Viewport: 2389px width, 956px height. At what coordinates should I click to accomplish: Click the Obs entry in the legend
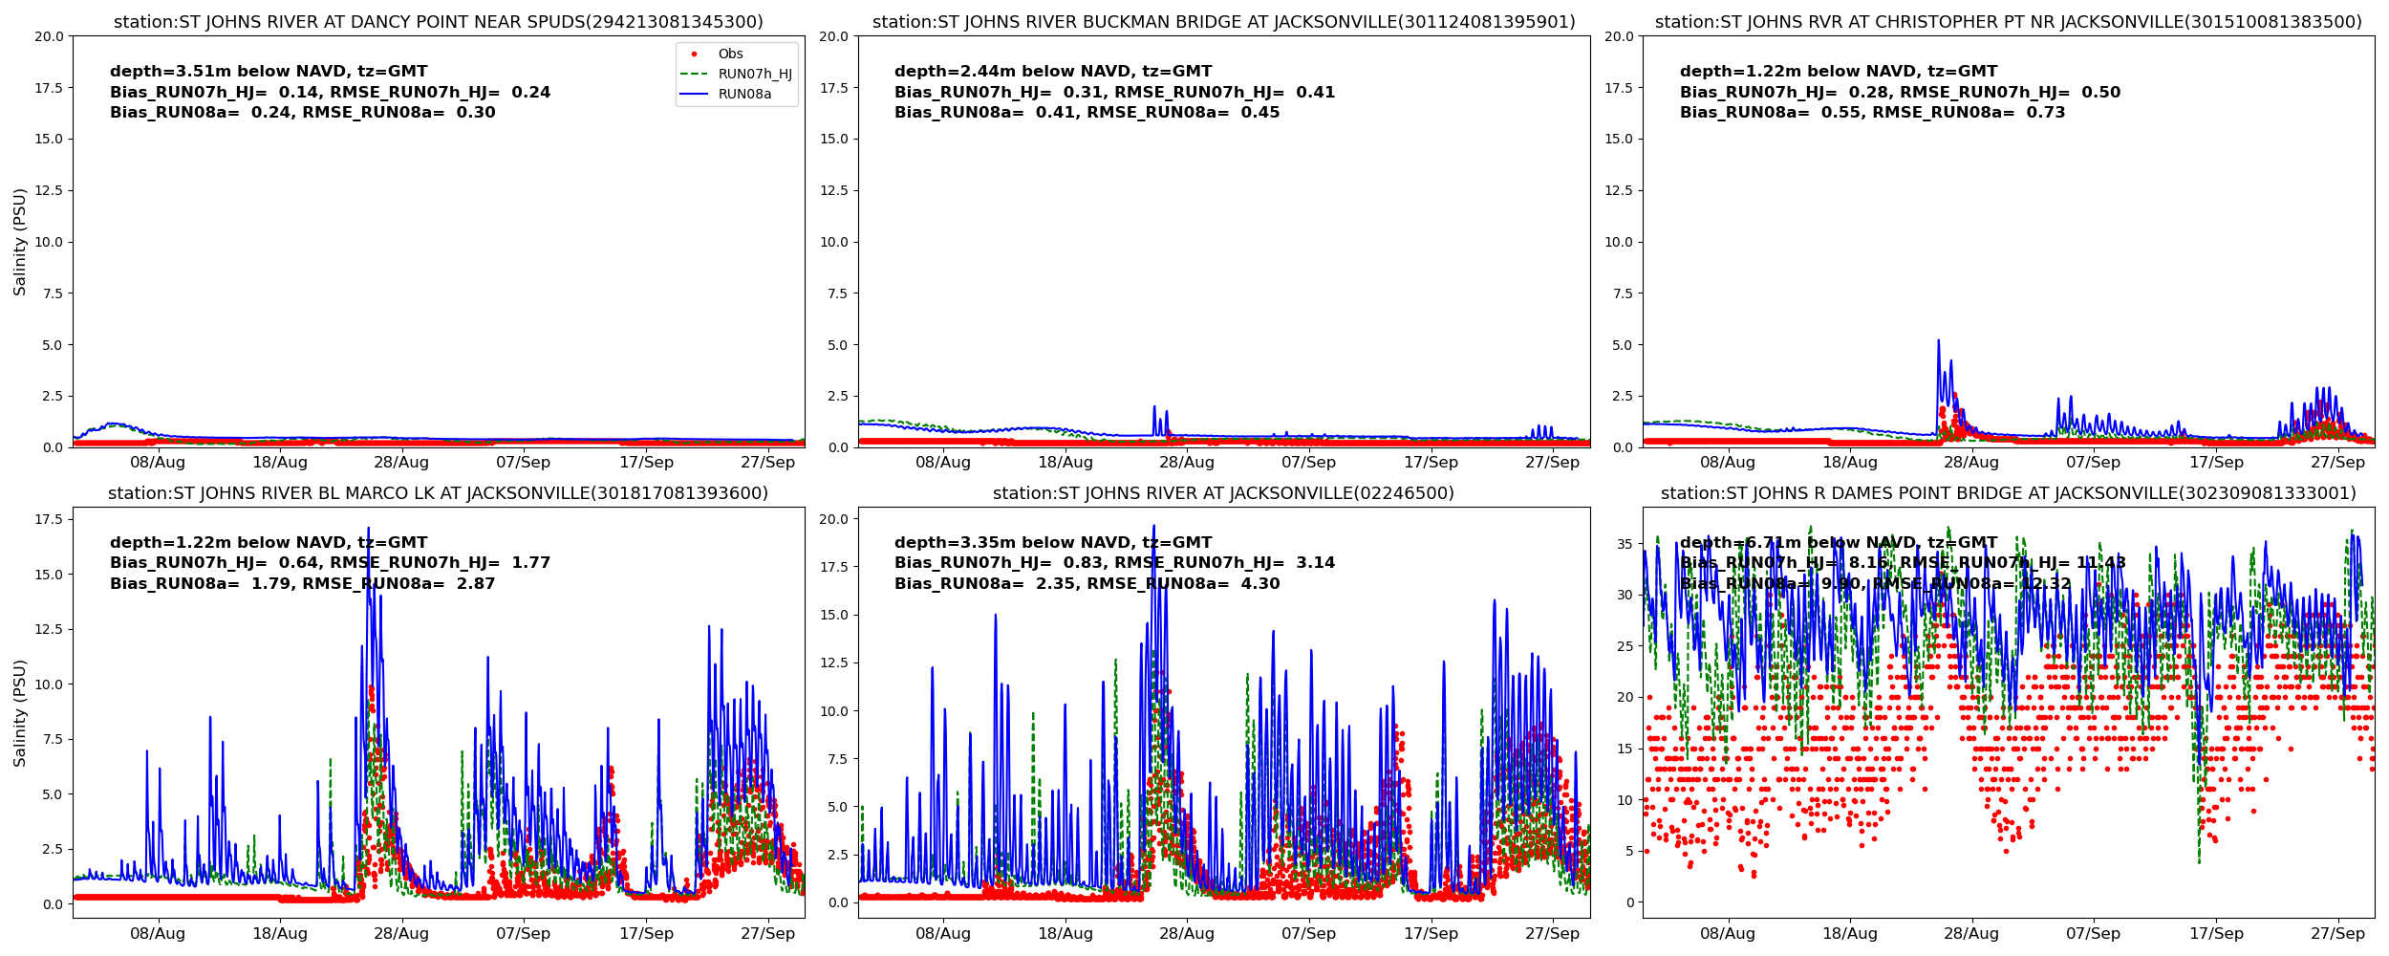coord(730,54)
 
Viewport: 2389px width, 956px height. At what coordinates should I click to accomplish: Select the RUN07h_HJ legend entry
coord(754,75)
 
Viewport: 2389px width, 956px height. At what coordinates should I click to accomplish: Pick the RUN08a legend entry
coord(744,95)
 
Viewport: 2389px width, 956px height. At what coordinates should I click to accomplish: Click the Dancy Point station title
coord(439,22)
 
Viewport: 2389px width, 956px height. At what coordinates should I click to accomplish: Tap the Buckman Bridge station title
coord(1223,22)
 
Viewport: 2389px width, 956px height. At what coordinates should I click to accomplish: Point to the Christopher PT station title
coord(2008,22)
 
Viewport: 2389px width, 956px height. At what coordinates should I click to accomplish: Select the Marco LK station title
coord(439,493)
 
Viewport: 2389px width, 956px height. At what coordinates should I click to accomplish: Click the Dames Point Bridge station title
coord(2008,493)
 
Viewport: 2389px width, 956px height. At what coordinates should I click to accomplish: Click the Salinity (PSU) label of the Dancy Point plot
coord(20,242)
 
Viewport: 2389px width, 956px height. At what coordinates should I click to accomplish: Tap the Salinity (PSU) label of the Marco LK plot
coord(20,713)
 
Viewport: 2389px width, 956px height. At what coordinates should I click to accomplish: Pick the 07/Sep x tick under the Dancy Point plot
coord(524,463)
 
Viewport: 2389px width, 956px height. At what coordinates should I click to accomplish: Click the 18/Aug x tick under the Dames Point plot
coord(1850,934)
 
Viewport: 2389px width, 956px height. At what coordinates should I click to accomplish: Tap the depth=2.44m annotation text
coord(1053,72)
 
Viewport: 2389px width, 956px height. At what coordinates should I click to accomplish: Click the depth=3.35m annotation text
coord(1053,543)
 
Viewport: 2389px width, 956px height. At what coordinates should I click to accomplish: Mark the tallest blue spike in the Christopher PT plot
coord(1938,341)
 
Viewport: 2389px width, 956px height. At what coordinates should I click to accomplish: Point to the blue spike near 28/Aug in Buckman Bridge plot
coord(1154,408)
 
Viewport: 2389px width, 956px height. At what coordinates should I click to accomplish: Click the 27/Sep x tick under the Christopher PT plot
coord(2337,463)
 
